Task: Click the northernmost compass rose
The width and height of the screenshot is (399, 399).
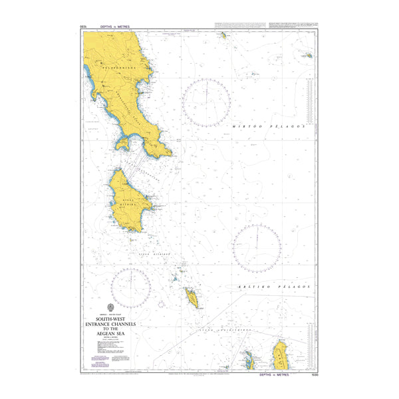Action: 207,102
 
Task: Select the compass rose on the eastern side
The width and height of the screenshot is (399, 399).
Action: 257,248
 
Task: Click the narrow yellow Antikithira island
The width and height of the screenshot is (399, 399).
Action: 192,297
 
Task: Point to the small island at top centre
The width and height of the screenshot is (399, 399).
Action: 224,35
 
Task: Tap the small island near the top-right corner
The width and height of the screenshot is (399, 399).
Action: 309,57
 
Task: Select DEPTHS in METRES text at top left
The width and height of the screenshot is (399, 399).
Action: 114,26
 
